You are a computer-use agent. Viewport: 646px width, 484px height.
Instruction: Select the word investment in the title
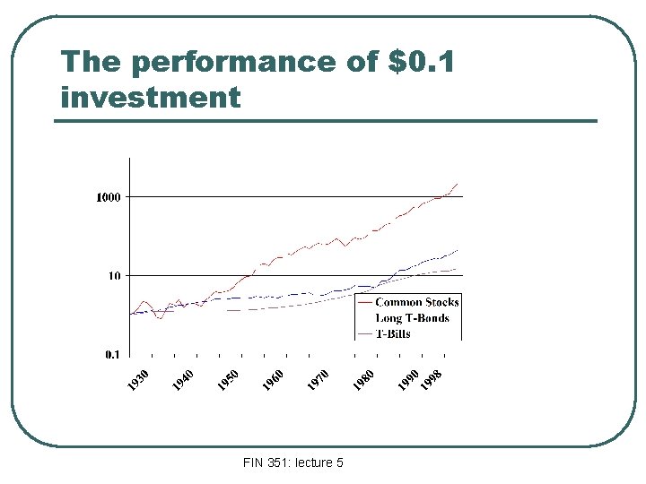[x=151, y=96]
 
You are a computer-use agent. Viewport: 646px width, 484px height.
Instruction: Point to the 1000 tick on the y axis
[x=109, y=197]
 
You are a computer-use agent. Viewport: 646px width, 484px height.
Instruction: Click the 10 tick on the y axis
[x=114, y=276]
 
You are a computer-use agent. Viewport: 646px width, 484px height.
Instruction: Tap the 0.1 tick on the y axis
[x=111, y=355]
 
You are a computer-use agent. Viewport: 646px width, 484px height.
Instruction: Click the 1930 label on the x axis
[x=137, y=379]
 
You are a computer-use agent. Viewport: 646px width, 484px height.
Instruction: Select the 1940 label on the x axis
[x=182, y=379]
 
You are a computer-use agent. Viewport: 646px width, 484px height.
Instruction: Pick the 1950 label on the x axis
[x=228, y=379]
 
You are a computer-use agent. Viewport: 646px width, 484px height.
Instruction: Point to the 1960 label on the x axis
[x=273, y=379]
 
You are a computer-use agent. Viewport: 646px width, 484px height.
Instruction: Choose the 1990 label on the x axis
[x=408, y=379]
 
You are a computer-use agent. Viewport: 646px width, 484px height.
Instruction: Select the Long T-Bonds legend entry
[x=412, y=317]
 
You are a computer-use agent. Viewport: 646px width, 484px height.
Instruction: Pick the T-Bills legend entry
[x=392, y=333]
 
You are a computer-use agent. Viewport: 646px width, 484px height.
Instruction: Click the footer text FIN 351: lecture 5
[x=292, y=462]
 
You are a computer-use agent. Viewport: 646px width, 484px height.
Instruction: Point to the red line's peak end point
[x=457, y=183]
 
